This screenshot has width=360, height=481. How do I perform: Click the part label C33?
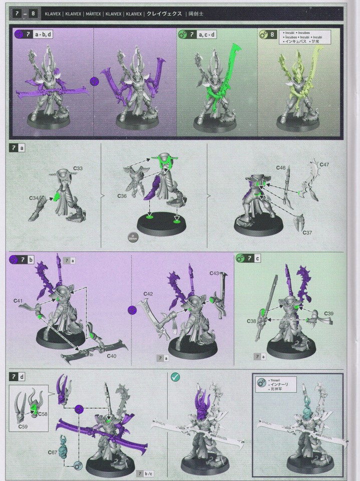point(78,168)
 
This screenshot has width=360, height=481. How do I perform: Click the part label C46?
point(280,167)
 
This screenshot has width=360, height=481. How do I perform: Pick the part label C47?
point(323,164)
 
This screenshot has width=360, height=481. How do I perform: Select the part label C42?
point(148,294)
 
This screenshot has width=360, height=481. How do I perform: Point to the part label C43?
point(214,273)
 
